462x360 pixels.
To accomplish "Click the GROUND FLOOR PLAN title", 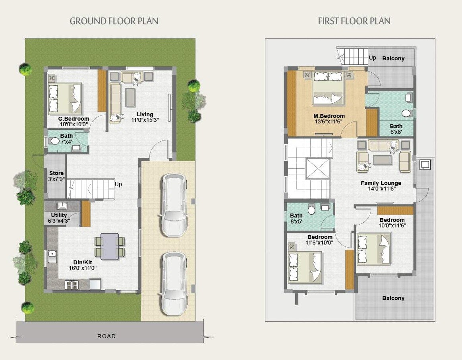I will [x=114, y=21].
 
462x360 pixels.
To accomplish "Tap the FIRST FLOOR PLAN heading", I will [x=354, y=21].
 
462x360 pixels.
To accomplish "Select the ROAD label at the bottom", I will [x=106, y=336].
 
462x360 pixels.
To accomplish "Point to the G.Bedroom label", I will [x=73, y=119].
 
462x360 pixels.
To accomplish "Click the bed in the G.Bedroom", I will [x=65, y=99].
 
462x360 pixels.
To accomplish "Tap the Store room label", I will [x=56, y=173].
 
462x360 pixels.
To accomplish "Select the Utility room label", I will [x=56, y=215].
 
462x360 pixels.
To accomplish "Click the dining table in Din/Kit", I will [x=110, y=246].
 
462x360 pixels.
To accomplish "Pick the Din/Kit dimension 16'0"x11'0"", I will [x=83, y=268].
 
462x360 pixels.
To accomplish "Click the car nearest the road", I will [x=174, y=283].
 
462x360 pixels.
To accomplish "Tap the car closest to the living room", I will [x=174, y=206].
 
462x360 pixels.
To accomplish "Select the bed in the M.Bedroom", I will [x=327, y=88].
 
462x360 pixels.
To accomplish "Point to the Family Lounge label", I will [x=381, y=183].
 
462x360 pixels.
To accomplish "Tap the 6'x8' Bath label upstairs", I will [x=396, y=126].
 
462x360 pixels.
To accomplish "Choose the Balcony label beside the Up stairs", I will [x=393, y=58].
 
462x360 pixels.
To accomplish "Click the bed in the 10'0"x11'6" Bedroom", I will [x=374, y=248].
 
